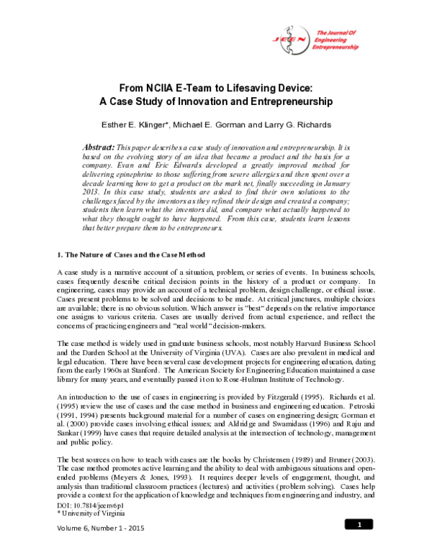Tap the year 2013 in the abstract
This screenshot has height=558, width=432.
point(96,194)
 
